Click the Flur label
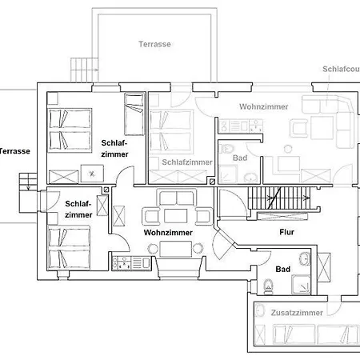286,232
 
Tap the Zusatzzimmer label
297,313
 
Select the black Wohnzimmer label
168,233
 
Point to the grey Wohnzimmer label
264,106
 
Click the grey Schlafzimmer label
187,162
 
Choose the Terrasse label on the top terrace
154,44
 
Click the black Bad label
282,270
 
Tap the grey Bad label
240,158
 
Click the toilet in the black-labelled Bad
268,286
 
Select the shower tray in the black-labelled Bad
301,285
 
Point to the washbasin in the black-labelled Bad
305,258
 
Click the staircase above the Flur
279,198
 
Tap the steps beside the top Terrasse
84,70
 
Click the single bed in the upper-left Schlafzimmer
134,114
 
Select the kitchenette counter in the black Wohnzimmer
132,263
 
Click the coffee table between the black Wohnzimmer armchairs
176,216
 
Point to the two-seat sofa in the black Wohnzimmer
177,198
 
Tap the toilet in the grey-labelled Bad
226,149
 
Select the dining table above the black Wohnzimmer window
175,249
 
